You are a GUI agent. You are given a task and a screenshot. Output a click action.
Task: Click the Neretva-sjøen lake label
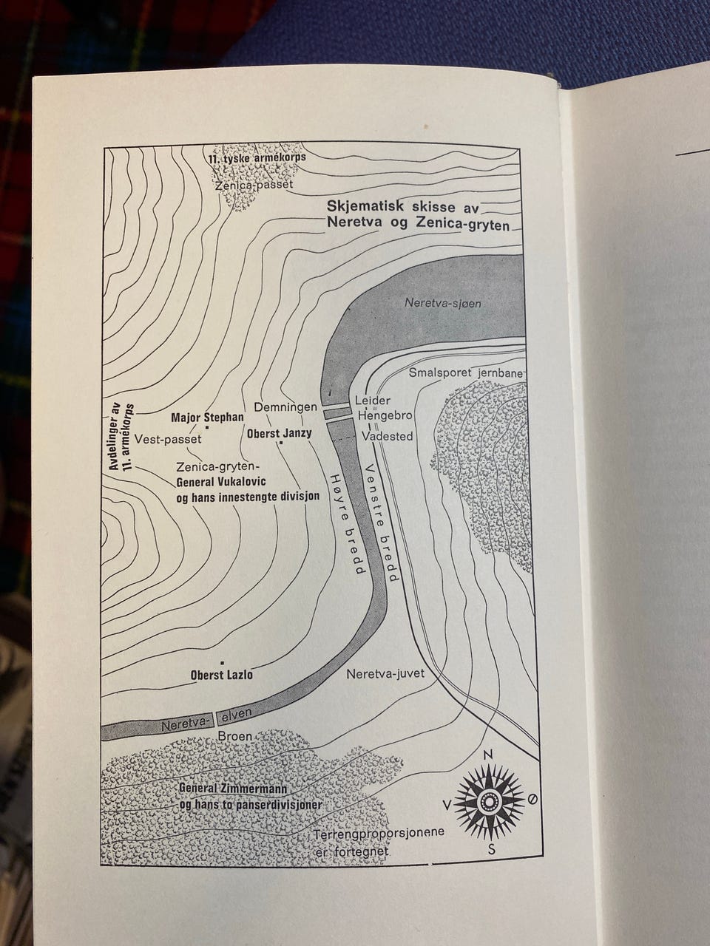point(442,303)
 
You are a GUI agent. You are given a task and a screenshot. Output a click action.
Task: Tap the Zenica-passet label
point(254,185)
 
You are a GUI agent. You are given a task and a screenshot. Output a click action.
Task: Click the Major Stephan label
point(207,417)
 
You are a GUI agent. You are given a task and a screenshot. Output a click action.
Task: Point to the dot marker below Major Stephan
point(207,427)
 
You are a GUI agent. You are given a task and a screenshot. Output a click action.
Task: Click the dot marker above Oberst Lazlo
point(223,662)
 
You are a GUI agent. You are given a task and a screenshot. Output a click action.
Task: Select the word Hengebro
point(385,416)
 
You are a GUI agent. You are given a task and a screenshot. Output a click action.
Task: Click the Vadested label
point(387,436)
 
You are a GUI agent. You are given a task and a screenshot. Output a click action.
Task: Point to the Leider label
point(373,400)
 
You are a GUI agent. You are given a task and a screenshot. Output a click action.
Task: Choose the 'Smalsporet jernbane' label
point(466,372)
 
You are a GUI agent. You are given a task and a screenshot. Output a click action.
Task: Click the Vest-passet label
point(168,439)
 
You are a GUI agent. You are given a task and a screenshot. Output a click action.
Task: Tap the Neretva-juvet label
point(385,673)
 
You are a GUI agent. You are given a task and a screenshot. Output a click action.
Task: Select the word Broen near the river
point(235,735)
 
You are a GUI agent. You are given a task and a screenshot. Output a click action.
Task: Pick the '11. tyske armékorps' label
point(257,157)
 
